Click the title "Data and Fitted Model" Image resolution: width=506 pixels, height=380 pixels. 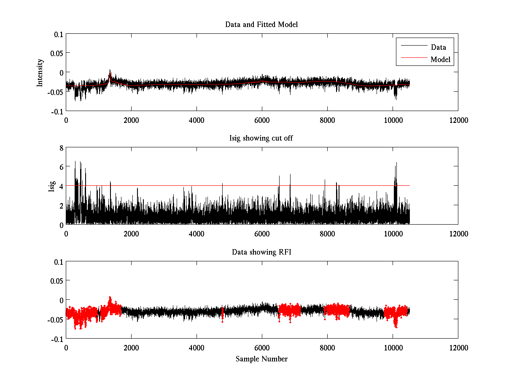(x=261, y=24)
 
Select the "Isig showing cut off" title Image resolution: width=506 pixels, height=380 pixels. (x=261, y=138)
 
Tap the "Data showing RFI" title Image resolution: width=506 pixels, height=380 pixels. (x=261, y=252)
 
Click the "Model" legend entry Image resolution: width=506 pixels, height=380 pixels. (x=440, y=60)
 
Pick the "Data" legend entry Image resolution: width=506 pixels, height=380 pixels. (x=438, y=47)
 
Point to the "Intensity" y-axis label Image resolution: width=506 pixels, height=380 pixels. (x=40, y=72)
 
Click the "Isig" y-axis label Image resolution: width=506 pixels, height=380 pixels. (x=51, y=186)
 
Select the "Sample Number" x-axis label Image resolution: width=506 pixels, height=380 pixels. (x=261, y=359)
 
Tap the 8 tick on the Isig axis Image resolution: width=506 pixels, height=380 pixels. (x=61, y=148)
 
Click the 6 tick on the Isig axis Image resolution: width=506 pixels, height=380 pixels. (x=61, y=167)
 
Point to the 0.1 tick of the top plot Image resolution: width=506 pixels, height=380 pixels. (x=58, y=34)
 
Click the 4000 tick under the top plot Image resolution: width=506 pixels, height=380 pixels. (x=196, y=120)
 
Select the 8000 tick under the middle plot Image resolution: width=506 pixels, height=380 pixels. (x=327, y=234)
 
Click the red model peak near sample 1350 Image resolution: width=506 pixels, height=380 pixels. (x=110, y=74)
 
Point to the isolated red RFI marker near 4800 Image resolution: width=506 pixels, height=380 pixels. (x=222, y=315)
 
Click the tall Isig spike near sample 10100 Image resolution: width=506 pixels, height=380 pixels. (x=396, y=165)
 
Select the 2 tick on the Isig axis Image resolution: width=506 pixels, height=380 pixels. (x=61, y=206)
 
